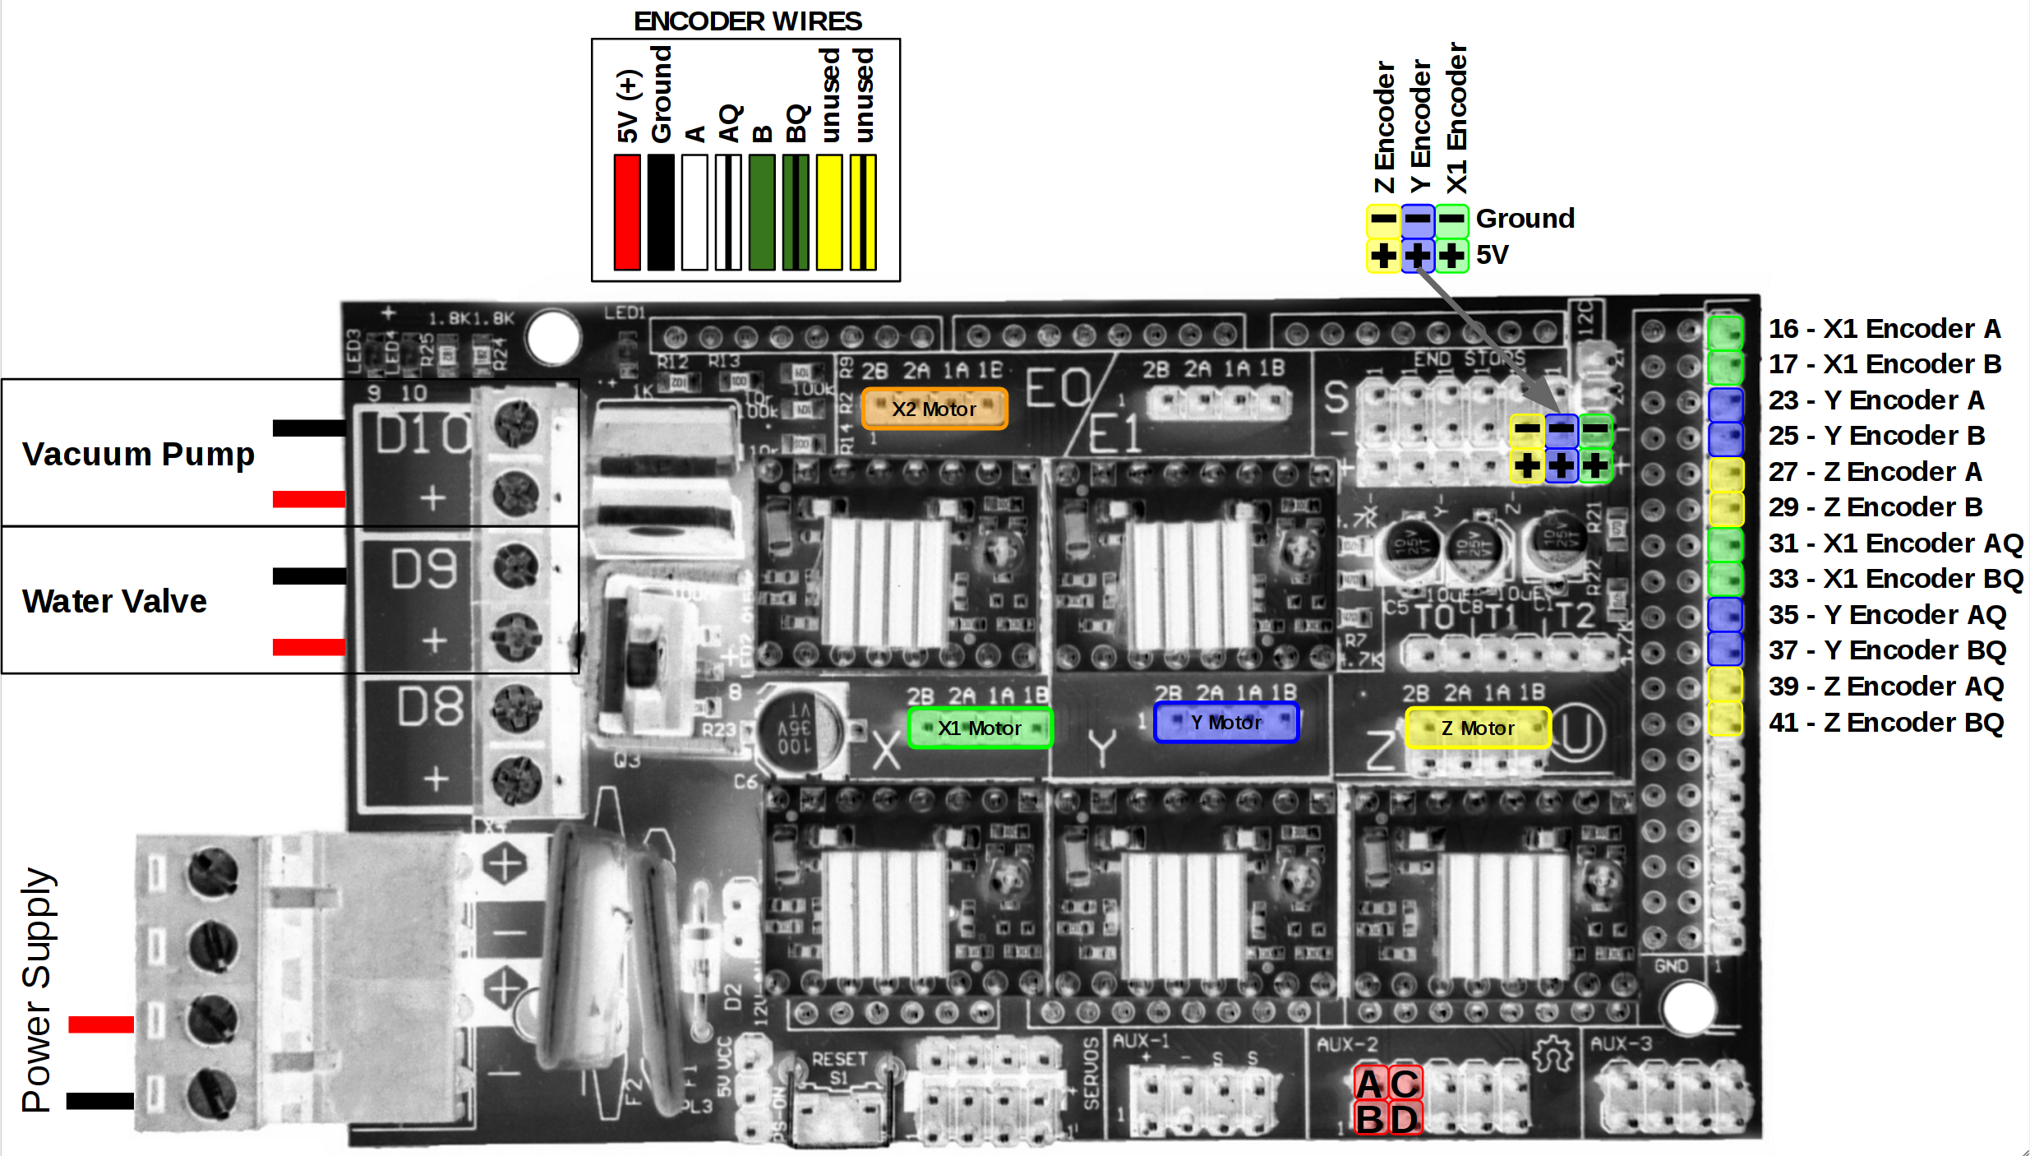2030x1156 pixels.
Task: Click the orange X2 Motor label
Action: pos(934,409)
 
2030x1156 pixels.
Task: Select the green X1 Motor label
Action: pos(980,728)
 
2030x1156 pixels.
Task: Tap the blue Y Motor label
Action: pos(1226,722)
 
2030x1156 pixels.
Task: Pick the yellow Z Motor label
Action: pos(1478,728)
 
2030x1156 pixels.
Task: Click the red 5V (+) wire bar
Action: pos(627,212)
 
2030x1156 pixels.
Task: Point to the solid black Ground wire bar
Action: pos(661,212)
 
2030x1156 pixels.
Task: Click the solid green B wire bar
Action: pos(762,212)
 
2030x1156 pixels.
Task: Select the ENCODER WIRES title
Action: pos(747,21)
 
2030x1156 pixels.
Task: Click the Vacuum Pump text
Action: pos(138,454)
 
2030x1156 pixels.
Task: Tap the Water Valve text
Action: pos(114,601)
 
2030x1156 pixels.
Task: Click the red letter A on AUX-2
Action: pos(1369,1084)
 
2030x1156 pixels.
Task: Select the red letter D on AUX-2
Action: pos(1405,1119)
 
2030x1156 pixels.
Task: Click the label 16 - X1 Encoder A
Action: pos(1884,328)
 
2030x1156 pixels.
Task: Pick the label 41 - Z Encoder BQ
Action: pos(1885,722)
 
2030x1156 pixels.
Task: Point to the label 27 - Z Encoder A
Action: pos(1875,471)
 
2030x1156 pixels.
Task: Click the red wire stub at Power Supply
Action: pos(100,1024)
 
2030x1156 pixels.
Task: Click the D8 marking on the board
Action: pos(430,707)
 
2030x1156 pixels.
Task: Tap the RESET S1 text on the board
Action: pos(839,1067)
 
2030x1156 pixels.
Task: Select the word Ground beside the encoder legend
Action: pos(1525,218)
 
